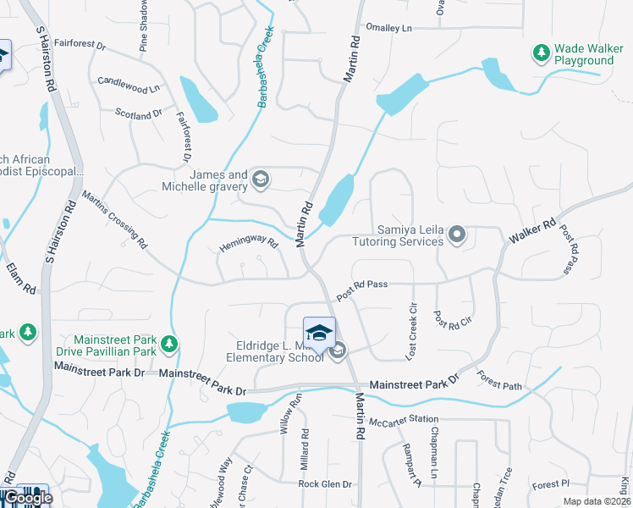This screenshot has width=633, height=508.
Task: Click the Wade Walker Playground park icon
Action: click(541, 53)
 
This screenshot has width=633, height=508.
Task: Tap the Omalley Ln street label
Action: click(388, 28)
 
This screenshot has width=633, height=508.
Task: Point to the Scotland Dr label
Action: click(138, 114)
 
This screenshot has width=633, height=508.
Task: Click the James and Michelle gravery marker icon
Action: click(261, 179)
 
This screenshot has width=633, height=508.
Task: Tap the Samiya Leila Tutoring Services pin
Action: click(457, 234)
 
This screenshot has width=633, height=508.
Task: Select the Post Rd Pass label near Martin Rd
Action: click(361, 290)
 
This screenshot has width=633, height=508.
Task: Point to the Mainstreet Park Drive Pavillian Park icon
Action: click(170, 345)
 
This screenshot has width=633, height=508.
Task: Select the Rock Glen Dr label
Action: click(324, 484)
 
